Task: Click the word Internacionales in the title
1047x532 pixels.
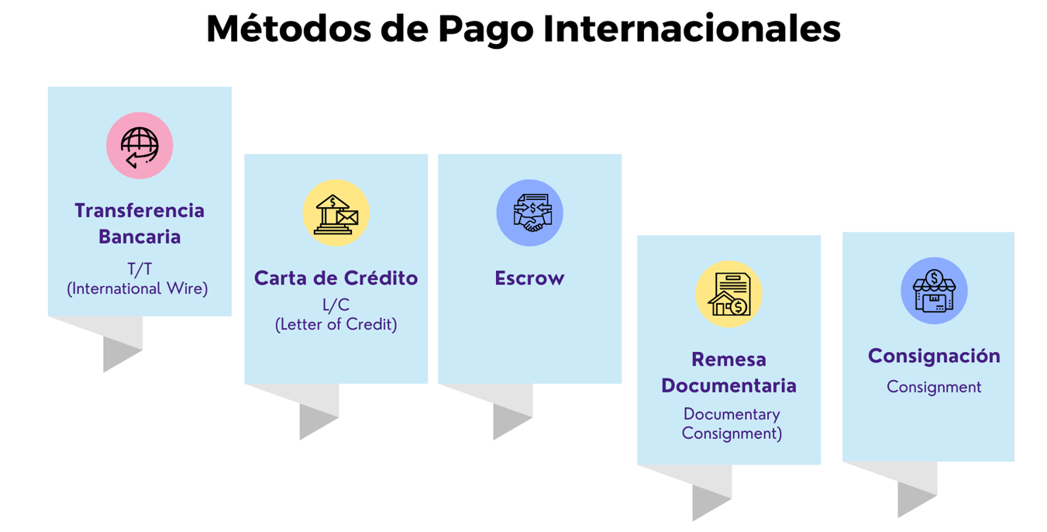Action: tap(692, 29)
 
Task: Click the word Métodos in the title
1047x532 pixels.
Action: tap(289, 29)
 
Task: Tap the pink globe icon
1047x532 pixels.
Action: tap(139, 146)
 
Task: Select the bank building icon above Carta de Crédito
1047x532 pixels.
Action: tap(336, 213)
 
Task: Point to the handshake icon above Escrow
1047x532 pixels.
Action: tap(529, 213)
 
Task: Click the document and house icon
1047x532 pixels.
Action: tap(729, 295)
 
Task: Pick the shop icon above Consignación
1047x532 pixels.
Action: tap(935, 291)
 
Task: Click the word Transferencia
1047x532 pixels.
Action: tap(139, 211)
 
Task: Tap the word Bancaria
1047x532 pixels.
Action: tap(139, 237)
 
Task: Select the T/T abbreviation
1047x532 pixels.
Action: tap(139, 269)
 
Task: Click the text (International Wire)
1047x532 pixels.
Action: tap(137, 288)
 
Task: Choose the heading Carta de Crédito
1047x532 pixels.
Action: tap(336, 278)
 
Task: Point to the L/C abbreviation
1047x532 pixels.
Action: tap(336, 305)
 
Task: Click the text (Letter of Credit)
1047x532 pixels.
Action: tap(336, 324)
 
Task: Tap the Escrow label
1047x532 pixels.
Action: tap(529, 278)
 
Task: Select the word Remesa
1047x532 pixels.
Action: tap(729, 360)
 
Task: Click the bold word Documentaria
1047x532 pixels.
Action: tap(729, 385)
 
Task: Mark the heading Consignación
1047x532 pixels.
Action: tap(935, 356)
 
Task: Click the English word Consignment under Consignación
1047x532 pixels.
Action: tap(935, 388)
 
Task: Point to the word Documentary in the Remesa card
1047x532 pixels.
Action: tap(732, 415)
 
